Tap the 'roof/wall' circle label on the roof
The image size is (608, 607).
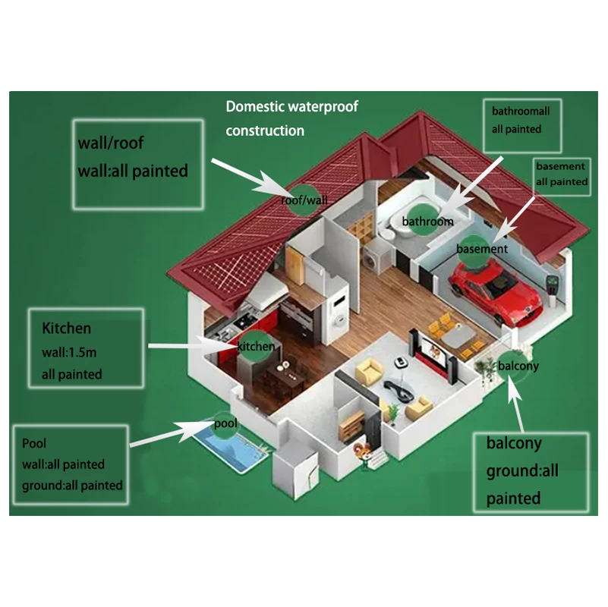point(303,200)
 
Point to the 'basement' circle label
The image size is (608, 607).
point(481,248)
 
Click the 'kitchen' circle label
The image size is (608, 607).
point(256,346)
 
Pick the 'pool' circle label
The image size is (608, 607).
point(225,423)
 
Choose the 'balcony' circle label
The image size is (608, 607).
point(517,366)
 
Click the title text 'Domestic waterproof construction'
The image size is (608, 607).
point(291,118)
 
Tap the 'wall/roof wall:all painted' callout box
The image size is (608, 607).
point(137,163)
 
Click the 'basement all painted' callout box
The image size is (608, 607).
point(562,174)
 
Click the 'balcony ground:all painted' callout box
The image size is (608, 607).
point(531,470)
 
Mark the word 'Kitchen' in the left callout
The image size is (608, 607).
point(67,329)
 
